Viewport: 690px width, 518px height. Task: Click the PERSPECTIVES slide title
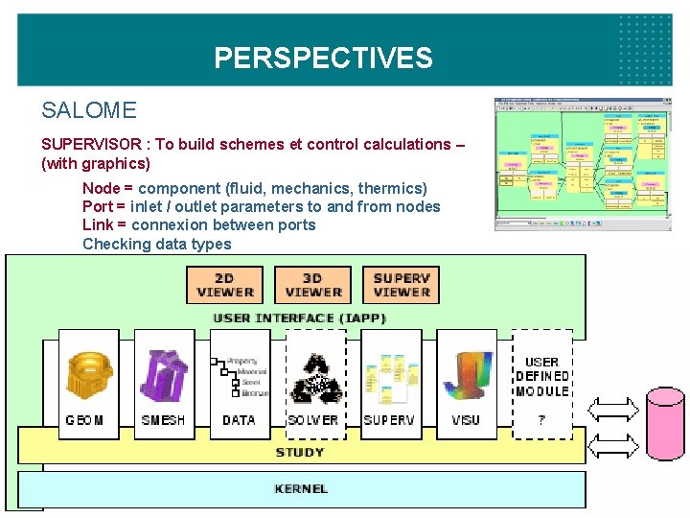click(x=323, y=59)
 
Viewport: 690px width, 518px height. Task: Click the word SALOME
click(x=89, y=110)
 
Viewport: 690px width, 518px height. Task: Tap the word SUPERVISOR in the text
click(x=92, y=144)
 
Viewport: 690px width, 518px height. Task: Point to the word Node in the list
click(x=100, y=188)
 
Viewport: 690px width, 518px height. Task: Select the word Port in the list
click(x=98, y=206)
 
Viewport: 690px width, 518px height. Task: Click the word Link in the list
click(x=98, y=224)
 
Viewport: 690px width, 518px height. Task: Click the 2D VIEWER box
click(x=225, y=285)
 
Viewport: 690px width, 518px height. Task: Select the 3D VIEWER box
click(x=313, y=285)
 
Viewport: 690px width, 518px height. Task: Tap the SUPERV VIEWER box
click(x=402, y=285)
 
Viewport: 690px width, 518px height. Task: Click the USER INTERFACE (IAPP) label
click(x=301, y=318)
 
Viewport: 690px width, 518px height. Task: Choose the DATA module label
click(x=239, y=420)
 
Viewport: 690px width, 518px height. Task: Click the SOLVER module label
click(x=313, y=420)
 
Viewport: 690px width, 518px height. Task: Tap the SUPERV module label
click(x=389, y=420)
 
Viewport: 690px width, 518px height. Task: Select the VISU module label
click(x=466, y=420)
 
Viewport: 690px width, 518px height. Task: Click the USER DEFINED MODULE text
click(x=541, y=377)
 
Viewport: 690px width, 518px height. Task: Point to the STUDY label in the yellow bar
click(x=300, y=452)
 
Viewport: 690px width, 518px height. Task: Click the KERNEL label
click(x=301, y=489)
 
